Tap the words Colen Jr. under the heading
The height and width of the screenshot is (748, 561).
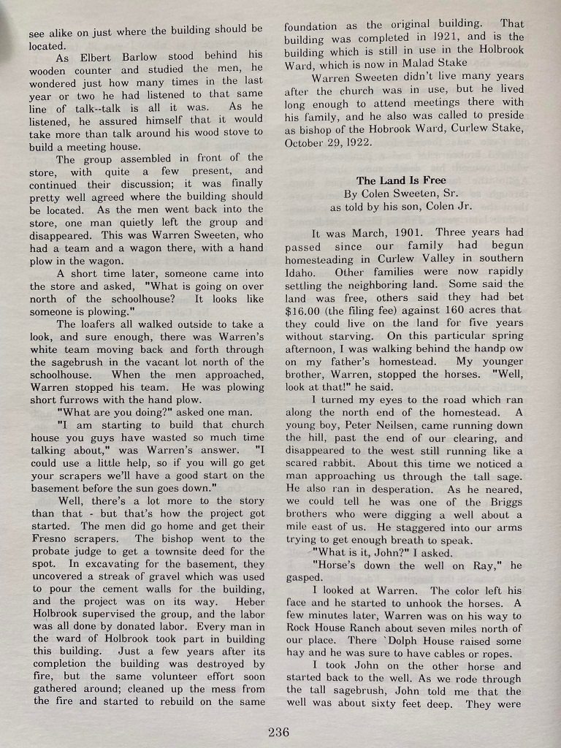pos(443,207)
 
